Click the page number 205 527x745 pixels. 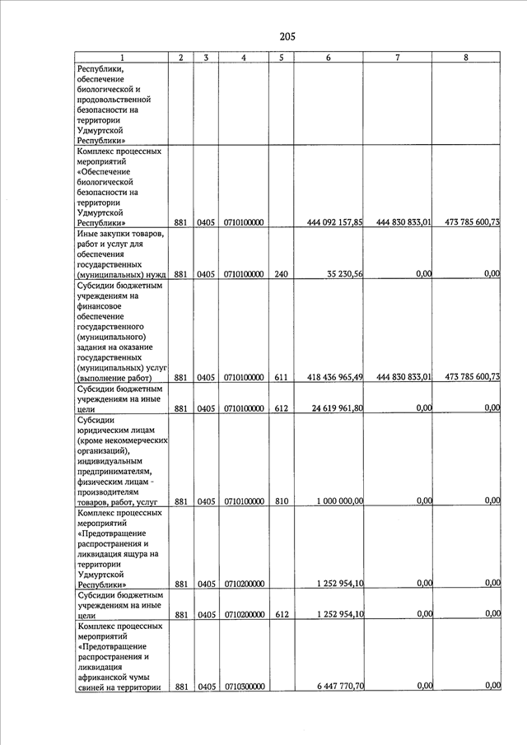[x=287, y=36]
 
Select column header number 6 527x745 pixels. [x=328, y=58]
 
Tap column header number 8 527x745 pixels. [x=467, y=58]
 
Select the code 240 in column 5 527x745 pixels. [x=281, y=274]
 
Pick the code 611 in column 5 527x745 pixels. [x=281, y=378]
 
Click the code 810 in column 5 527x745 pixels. [x=281, y=501]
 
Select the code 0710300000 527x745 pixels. [x=244, y=687]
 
